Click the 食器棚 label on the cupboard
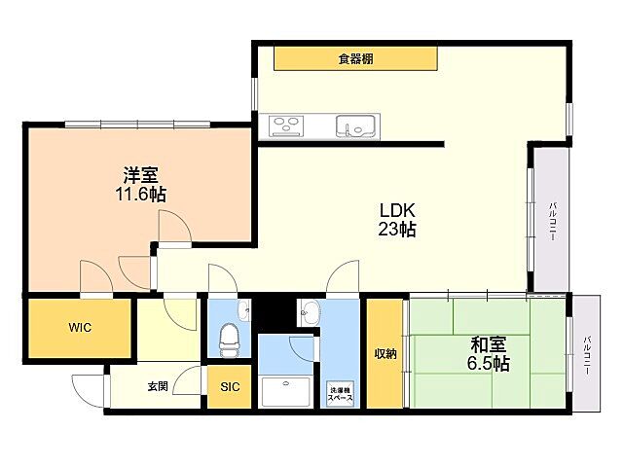coord(355,59)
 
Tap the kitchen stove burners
coord(286,126)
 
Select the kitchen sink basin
coord(354,126)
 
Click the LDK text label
coord(397,210)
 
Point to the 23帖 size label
coord(397,230)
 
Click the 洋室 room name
coord(140,175)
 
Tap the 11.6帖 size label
coord(140,195)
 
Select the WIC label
coord(80,328)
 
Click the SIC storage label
coord(230,386)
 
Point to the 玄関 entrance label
coord(158,386)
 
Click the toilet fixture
coord(229,340)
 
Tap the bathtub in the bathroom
coord(285,391)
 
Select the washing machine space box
coord(340,394)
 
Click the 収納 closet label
coord(385,354)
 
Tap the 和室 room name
coord(489,344)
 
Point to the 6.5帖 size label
coord(489,363)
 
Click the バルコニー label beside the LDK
coord(552,222)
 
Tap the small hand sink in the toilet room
coord(243,310)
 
